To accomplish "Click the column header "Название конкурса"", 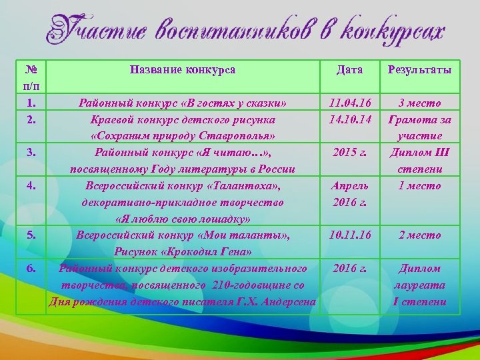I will tap(183, 69).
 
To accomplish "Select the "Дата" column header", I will tap(350, 69).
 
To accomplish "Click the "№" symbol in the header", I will tap(31, 69).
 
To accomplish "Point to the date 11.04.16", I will tap(350, 103).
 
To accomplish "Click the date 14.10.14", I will tap(350, 120).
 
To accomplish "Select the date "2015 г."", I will tap(350, 153).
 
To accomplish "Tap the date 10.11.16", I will tap(350, 235).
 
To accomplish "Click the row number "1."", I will tap(31, 103).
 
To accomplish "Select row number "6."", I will tap(31, 268).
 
